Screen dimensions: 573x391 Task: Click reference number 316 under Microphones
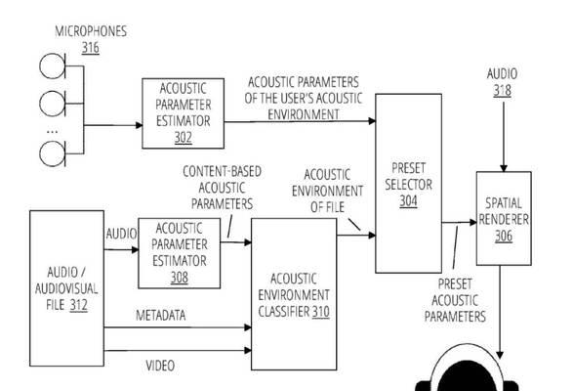(x=90, y=48)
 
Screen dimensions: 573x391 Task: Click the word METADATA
(x=160, y=315)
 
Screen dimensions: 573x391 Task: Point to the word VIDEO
(x=160, y=366)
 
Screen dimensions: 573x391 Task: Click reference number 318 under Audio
(x=502, y=91)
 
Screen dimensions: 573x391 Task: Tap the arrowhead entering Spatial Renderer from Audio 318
(x=504, y=168)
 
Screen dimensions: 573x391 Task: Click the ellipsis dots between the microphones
(x=53, y=131)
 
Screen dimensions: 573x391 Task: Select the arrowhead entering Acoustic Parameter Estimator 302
(x=139, y=125)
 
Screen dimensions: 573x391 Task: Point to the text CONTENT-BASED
(x=223, y=171)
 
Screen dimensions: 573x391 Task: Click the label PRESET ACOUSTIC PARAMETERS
(x=455, y=300)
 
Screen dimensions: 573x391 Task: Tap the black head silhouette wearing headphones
(x=467, y=376)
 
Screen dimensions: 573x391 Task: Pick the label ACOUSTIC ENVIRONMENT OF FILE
(x=327, y=191)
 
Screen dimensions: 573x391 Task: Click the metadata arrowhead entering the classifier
(x=248, y=327)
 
